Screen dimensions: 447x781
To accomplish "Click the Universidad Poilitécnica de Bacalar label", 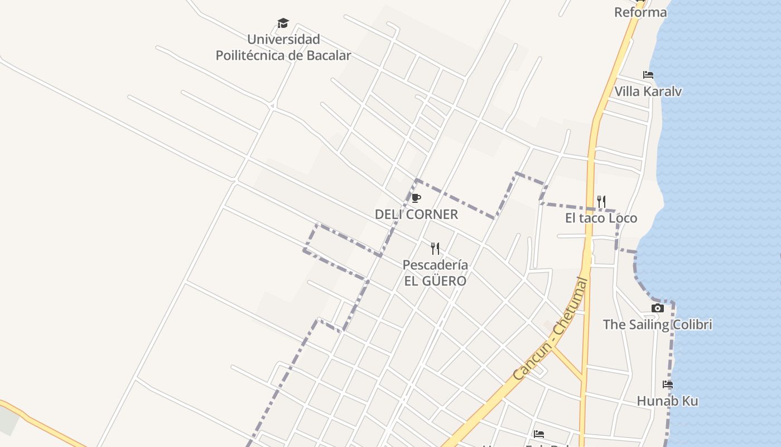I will (x=283, y=47).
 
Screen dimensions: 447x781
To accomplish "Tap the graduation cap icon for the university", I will (x=283, y=23).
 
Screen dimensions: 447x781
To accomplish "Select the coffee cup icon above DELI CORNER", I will (x=416, y=198).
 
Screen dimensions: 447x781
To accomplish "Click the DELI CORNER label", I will (x=416, y=215).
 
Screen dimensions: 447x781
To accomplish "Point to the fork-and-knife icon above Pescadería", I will (x=435, y=248).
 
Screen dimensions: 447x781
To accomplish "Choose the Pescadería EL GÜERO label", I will (x=435, y=273).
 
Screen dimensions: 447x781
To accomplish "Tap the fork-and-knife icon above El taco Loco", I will (x=601, y=201).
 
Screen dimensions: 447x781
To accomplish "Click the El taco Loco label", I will (x=601, y=218).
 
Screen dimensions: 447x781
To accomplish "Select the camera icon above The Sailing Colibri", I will (x=658, y=308).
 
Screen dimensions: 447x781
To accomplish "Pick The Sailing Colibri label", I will (x=658, y=325).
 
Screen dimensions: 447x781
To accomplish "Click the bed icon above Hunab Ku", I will (x=668, y=384).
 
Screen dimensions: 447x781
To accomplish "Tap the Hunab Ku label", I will (x=668, y=401).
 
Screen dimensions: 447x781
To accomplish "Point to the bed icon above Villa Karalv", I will (x=648, y=74).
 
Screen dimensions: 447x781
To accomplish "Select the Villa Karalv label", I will (x=648, y=91).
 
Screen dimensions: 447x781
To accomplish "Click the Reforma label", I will (x=640, y=12).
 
